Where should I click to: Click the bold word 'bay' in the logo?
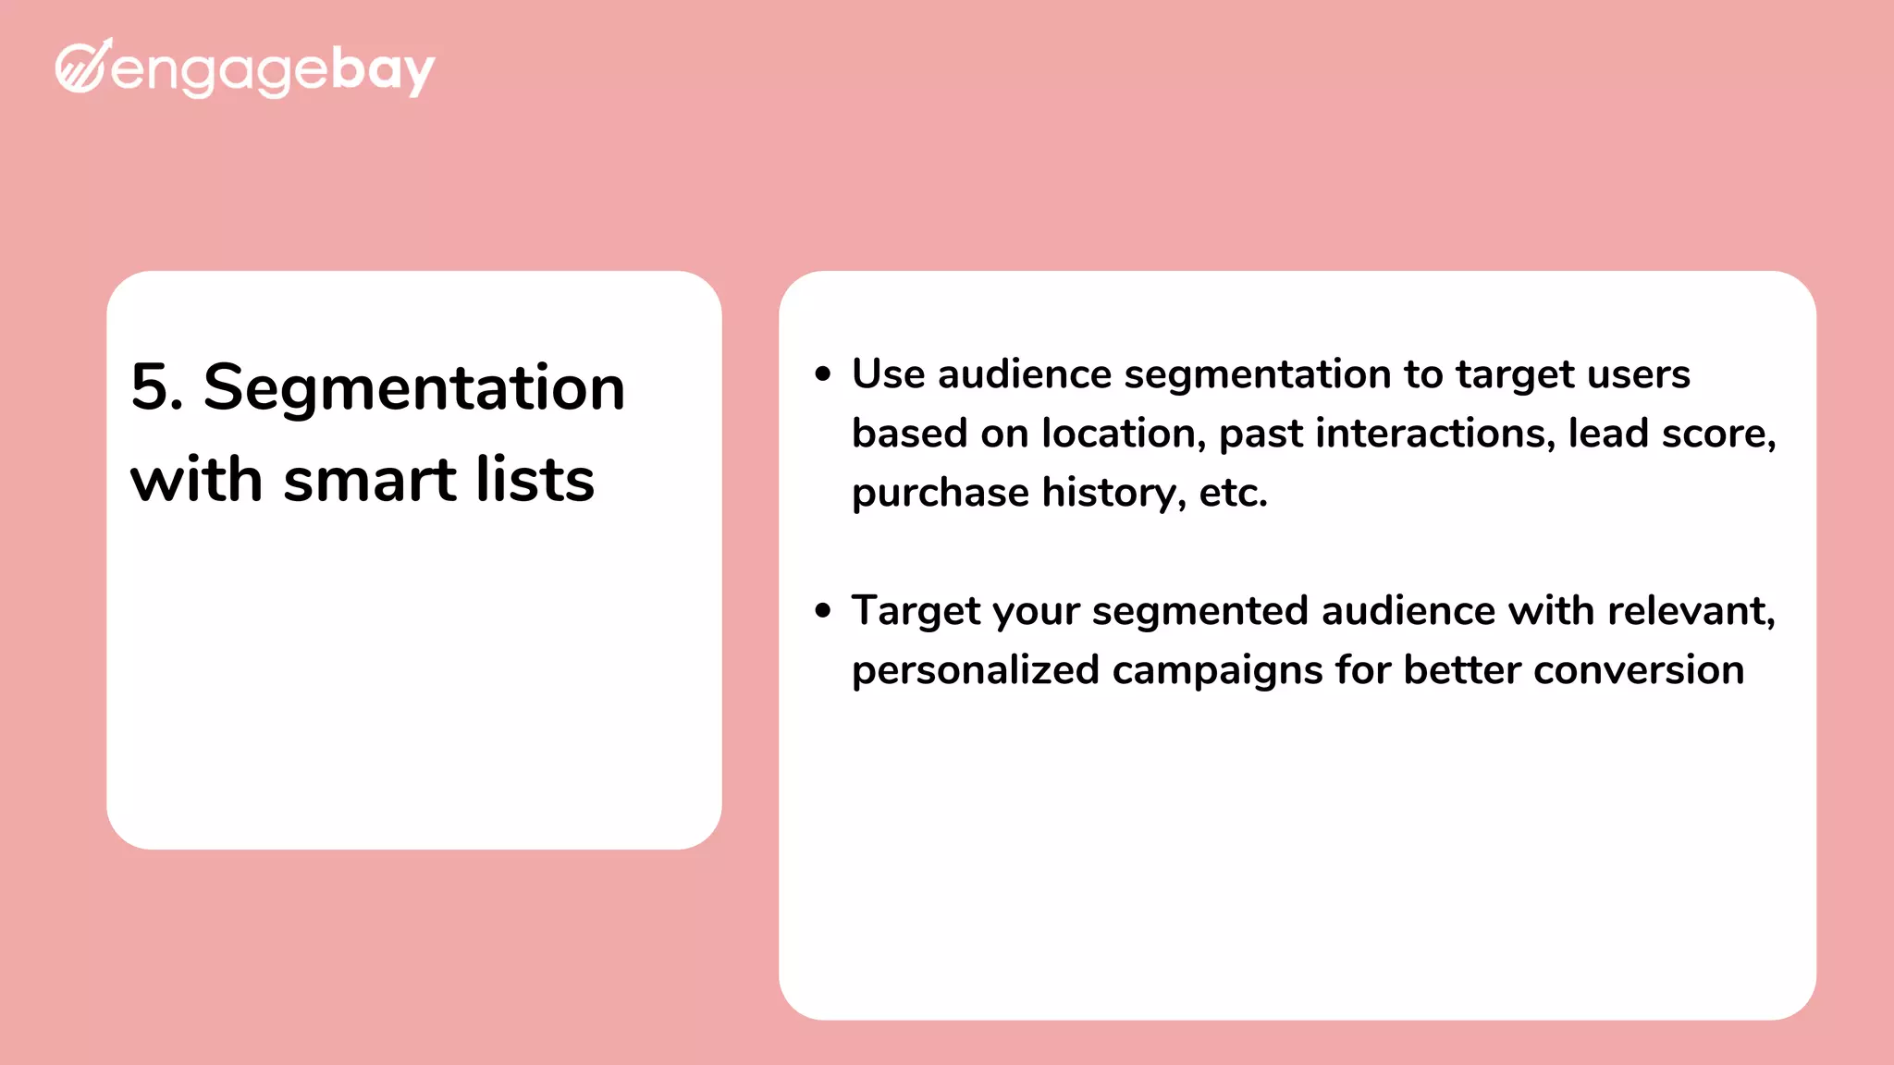[382, 70]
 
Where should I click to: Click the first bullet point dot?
[823, 374]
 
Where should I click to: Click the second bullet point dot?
[823, 611]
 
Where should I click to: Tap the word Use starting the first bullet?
[888, 374]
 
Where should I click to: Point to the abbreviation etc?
[1232, 493]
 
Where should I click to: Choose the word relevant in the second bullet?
[1690, 611]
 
